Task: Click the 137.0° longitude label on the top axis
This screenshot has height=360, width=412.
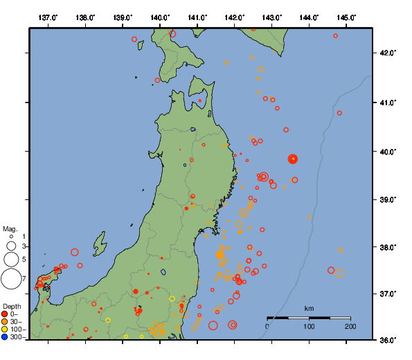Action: pos(48,17)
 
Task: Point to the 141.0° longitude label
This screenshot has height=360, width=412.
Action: pos(197,17)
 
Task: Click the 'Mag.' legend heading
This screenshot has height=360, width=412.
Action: pos(10,228)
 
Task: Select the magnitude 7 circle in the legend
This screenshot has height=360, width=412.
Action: pos(11,279)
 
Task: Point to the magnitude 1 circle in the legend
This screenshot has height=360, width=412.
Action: pos(11,237)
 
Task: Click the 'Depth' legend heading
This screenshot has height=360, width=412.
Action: pos(11,306)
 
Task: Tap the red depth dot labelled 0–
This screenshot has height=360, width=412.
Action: pos(5,314)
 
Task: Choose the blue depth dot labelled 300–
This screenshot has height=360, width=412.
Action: pos(5,337)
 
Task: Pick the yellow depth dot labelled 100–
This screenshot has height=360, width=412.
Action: pos(5,330)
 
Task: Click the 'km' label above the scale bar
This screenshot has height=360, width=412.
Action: pos(310,308)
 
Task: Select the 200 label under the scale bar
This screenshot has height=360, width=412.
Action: pos(351,326)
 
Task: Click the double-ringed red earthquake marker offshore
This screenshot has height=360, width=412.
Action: pos(293,159)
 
